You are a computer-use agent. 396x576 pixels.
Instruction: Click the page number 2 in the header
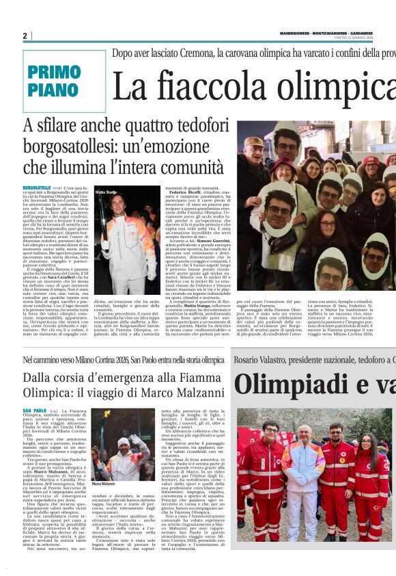click(25, 36)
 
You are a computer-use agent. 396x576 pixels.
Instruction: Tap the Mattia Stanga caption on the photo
click(106, 193)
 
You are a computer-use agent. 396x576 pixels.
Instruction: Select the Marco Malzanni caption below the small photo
click(103, 484)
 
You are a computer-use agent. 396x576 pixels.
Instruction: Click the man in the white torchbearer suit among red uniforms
click(302, 472)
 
